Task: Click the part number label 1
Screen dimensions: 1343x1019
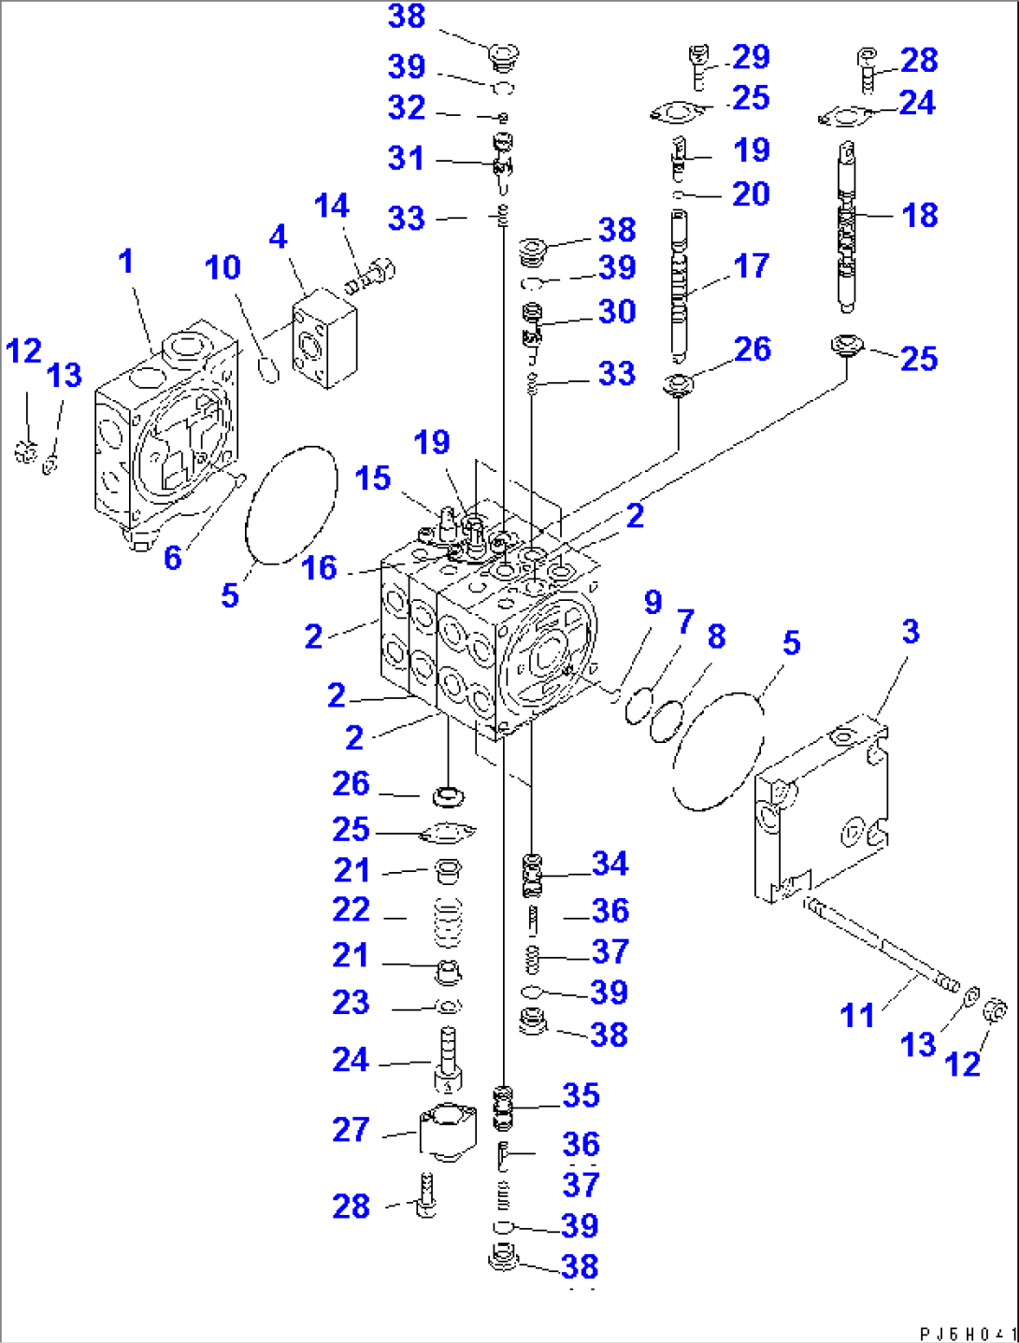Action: pyautogui.click(x=125, y=262)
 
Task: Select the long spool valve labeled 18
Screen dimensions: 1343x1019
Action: pyautogui.click(x=847, y=229)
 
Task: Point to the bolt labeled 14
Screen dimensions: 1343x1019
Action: pyautogui.click(x=371, y=276)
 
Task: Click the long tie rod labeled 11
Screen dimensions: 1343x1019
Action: pyautogui.click(x=880, y=945)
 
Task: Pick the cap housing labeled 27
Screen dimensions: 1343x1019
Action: pyautogui.click(x=447, y=1131)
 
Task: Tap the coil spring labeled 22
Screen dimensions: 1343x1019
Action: pyautogui.click(x=450, y=918)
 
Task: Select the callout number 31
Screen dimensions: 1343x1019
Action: pyautogui.click(x=406, y=158)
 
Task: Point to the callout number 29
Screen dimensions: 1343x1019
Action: pyautogui.click(x=751, y=58)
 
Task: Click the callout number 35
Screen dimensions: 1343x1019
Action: pyautogui.click(x=581, y=1095)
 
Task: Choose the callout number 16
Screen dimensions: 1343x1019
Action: pyautogui.click(x=319, y=568)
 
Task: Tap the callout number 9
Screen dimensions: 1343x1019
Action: pyautogui.click(x=653, y=603)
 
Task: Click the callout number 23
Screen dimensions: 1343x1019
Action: pyautogui.click(x=351, y=1003)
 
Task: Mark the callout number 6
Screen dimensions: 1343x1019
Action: pyautogui.click(x=173, y=558)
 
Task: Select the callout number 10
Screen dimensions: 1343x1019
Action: pyautogui.click(x=222, y=268)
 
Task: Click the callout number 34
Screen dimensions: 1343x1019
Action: pyautogui.click(x=610, y=864)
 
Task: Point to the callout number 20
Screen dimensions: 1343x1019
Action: pyautogui.click(x=751, y=194)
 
